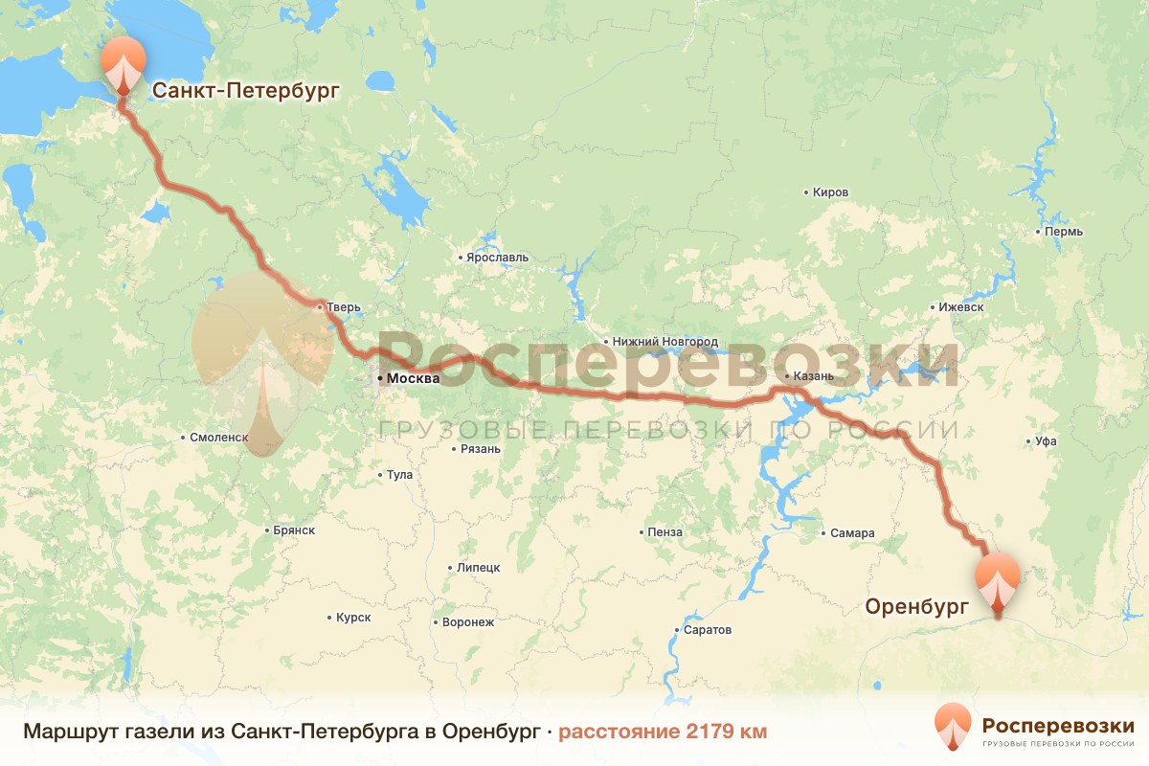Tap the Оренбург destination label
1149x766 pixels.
pyautogui.click(x=917, y=606)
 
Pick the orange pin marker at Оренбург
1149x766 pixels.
pyautogui.click(x=999, y=580)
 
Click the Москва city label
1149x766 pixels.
pyautogui.click(x=413, y=379)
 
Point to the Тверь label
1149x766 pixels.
pyautogui.click(x=343, y=307)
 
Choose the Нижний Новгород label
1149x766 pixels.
pyautogui.click(x=665, y=342)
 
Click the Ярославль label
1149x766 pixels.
pyautogui.click(x=497, y=258)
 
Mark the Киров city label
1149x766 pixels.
pyautogui.click(x=829, y=192)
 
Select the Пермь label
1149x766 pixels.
pyautogui.click(x=1064, y=233)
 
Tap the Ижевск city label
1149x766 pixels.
pyautogui.click(x=961, y=308)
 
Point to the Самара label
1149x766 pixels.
pyautogui.click(x=853, y=533)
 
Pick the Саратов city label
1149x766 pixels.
pyautogui.click(x=708, y=630)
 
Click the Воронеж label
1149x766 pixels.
pyautogui.click(x=467, y=622)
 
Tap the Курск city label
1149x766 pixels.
pyautogui.click(x=352, y=618)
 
